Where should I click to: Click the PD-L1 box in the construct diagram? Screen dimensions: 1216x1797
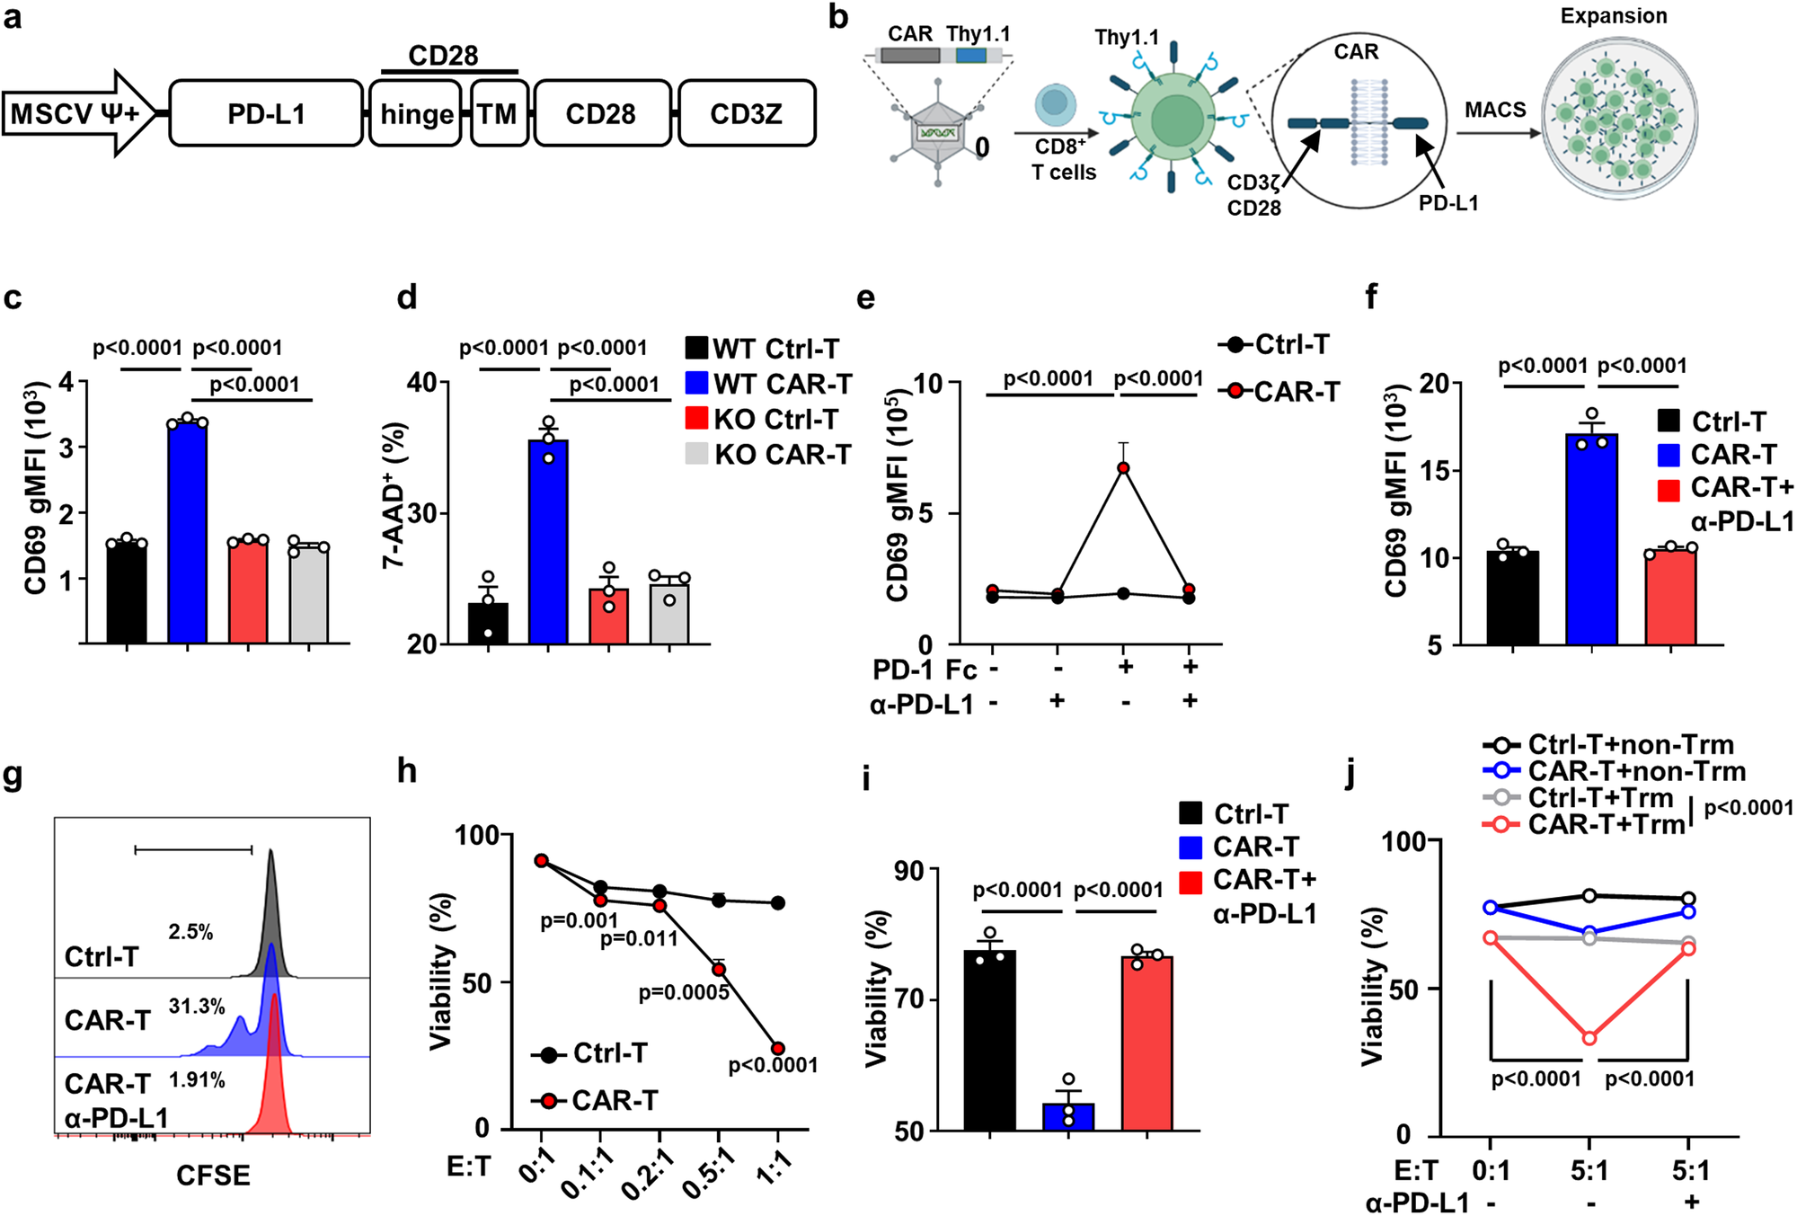pos(266,113)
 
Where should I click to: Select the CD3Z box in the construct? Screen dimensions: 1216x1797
pos(746,113)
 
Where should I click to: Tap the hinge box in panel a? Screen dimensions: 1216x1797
pos(416,114)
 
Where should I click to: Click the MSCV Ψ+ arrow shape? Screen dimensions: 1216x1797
pos(79,113)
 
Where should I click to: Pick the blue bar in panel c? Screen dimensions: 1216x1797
pos(188,532)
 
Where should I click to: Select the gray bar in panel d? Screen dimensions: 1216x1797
pos(669,613)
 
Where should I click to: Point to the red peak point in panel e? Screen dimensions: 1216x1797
pos(1123,468)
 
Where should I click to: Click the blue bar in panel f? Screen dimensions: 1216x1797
pos(1591,539)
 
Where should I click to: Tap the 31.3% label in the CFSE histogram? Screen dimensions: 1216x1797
pos(197,1007)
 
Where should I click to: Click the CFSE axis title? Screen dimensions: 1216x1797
pos(213,1176)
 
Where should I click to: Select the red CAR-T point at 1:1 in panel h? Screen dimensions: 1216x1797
pos(778,1049)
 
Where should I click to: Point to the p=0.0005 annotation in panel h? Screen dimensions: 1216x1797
pos(683,993)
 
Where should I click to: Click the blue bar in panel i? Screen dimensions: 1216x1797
pos(1068,1115)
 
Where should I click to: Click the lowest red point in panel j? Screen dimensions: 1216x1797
pos(1589,1038)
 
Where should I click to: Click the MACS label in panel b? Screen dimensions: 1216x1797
pos(1495,110)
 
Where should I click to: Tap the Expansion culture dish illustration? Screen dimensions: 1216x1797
pos(1620,117)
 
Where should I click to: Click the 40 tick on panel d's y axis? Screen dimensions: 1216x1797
pos(421,383)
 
